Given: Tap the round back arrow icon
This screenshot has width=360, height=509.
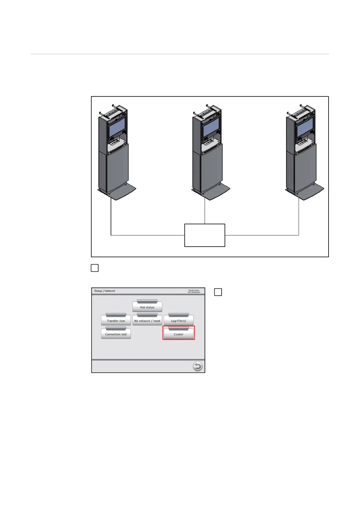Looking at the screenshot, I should coord(198,367).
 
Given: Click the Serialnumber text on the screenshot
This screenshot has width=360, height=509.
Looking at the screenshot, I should coord(194,291).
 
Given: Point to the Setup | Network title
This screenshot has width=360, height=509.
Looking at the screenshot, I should coord(105,291).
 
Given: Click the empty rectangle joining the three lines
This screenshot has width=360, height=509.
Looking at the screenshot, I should coord(205,235).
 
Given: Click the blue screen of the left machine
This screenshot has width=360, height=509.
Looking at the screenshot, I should coord(117,127).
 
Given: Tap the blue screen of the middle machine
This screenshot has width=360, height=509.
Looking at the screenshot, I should coord(211,127).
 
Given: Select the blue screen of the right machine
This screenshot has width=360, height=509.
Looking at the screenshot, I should coord(305,127).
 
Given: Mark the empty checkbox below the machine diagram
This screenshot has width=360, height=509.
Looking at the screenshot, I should coord(95,268).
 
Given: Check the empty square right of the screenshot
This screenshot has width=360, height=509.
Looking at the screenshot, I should coord(218,292).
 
